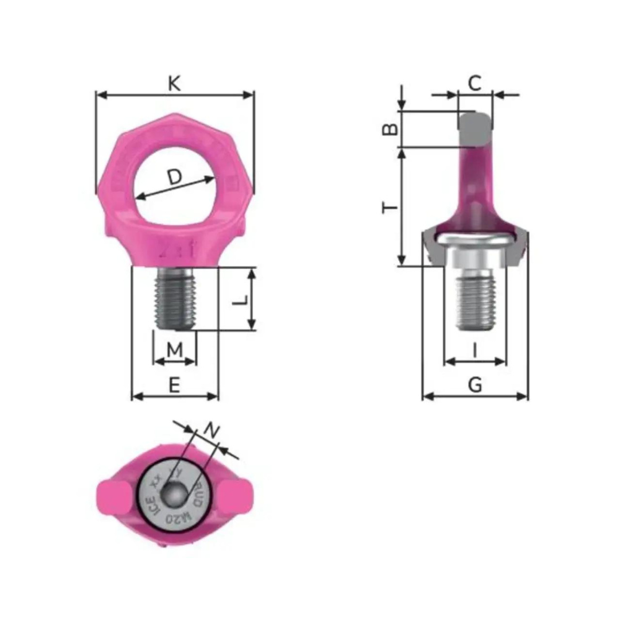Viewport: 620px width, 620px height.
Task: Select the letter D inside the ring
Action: [175, 177]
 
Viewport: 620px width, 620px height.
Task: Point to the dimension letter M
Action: [175, 350]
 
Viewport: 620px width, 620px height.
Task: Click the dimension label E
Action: [174, 386]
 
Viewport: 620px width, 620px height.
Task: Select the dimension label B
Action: [389, 129]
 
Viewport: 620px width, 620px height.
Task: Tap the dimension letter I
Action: [475, 352]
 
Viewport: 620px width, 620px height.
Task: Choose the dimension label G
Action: [475, 386]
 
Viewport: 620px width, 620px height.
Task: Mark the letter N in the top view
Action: [212, 429]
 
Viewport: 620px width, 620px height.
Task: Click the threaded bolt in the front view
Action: [176, 299]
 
